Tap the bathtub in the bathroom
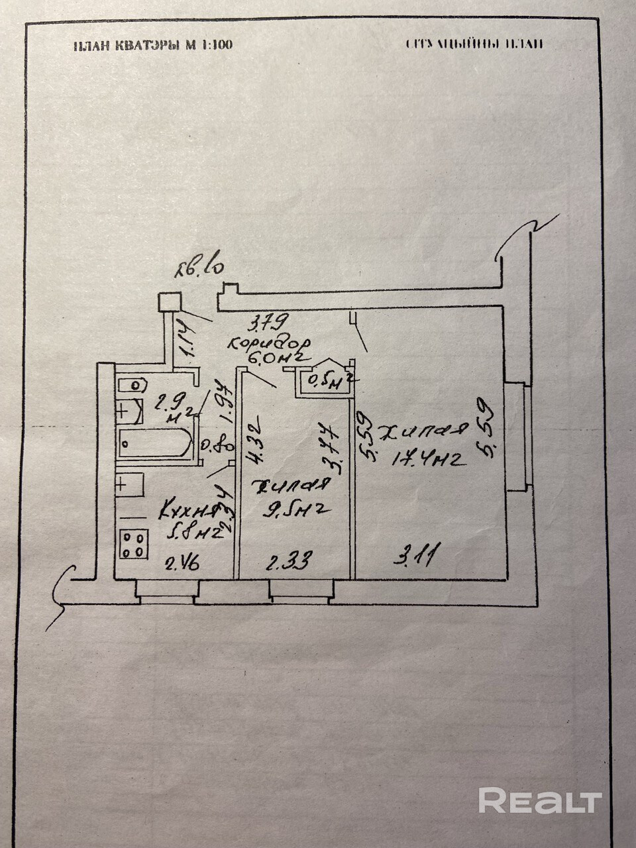click(x=155, y=443)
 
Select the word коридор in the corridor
click(x=269, y=344)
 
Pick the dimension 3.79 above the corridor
click(x=266, y=325)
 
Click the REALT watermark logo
click(x=540, y=800)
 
